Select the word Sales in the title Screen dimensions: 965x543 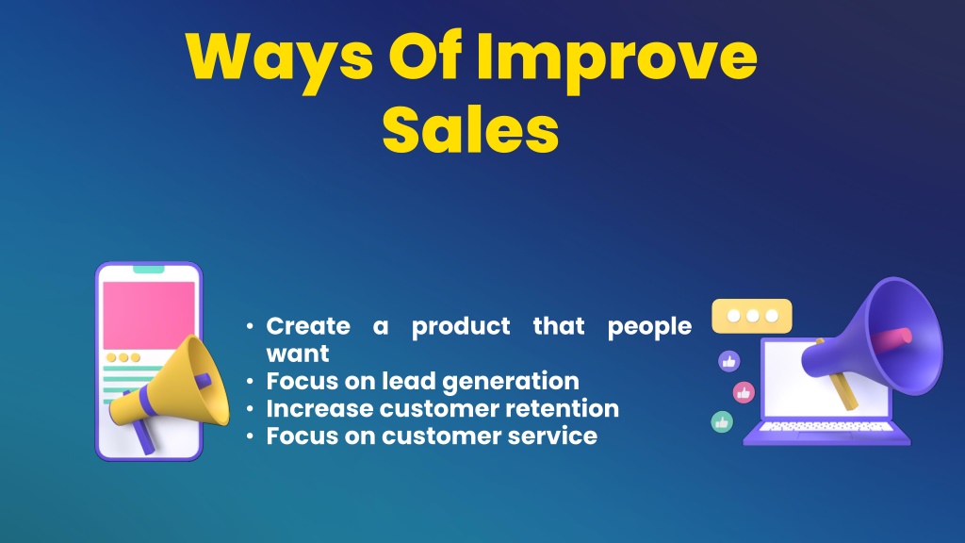click(x=471, y=130)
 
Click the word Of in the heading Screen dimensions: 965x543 click(x=425, y=56)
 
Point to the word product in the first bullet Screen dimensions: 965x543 click(x=461, y=327)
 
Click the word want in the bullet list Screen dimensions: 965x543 click(x=298, y=354)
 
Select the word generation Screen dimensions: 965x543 click(x=511, y=383)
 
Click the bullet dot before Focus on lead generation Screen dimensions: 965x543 click(x=250, y=382)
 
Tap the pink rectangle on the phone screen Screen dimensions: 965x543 click(x=149, y=315)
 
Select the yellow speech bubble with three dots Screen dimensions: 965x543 click(x=751, y=316)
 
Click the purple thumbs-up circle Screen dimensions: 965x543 click(x=729, y=361)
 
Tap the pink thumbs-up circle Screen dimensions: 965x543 click(x=744, y=392)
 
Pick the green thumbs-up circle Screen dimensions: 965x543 click(x=722, y=422)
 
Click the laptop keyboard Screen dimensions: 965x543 click(x=826, y=427)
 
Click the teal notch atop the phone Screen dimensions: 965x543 click(x=149, y=269)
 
